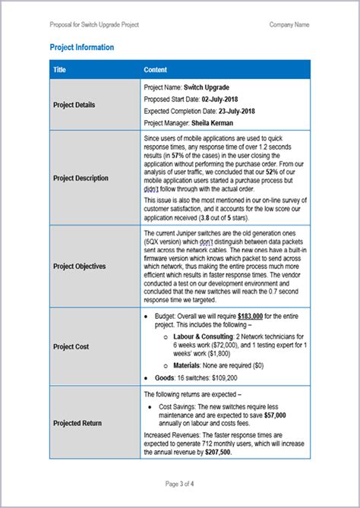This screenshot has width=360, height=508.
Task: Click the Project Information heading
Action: pyautogui.click(x=81, y=48)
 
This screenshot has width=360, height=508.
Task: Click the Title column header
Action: pyautogui.click(x=60, y=70)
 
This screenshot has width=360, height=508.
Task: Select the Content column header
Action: pyautogui.click(x=156, y=70)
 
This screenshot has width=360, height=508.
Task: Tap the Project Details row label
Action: pyautogui.click(x=74, y=105)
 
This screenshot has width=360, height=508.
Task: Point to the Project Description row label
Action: pyautogui.click(x=80, y=178)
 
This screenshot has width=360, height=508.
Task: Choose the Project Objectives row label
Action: pyautogui.click(x=79, y=267)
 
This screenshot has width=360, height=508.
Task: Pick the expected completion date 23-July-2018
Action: pyautogui.click(x=241, y=111)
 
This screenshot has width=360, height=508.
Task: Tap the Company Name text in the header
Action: pyautogui.click(x=289, y=24)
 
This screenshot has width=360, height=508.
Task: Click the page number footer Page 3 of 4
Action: pyautogui.click(x=180, y=484)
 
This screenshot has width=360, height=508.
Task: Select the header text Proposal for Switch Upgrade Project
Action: pyautogui.click(x=95, y=24)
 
